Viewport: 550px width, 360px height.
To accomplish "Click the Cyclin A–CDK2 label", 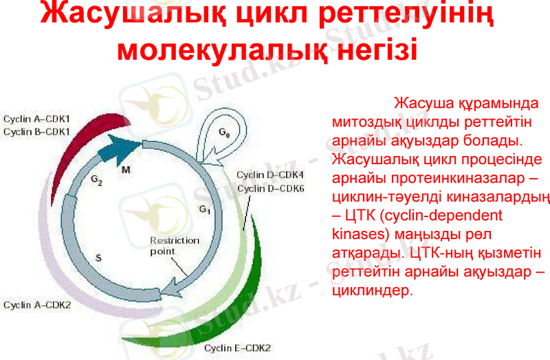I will coord(37,304).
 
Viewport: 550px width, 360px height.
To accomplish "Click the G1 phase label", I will coord(205,208).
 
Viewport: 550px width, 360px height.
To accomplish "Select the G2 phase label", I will coord(96,180).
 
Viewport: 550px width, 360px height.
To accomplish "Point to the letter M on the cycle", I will coord(126,169).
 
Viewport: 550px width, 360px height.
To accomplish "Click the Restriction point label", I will coord(175,246).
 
